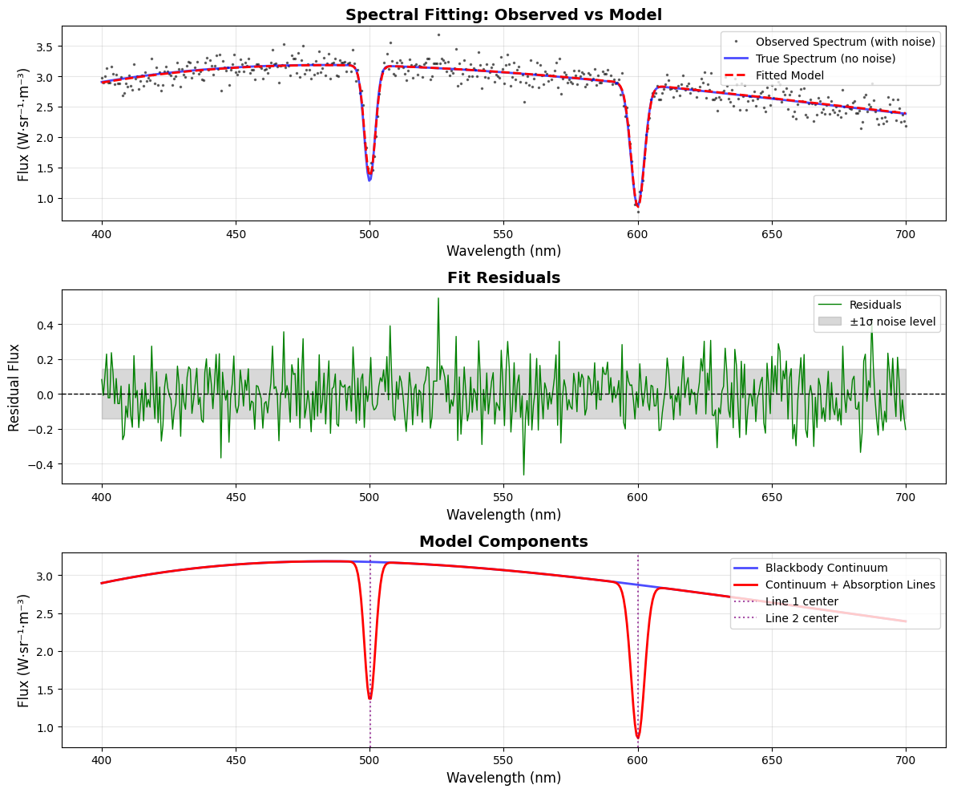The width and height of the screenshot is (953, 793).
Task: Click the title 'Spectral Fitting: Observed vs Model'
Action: (503, 14)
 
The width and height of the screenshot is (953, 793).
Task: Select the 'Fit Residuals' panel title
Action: (503, 278)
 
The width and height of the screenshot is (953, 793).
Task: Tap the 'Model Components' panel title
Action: (503, 541)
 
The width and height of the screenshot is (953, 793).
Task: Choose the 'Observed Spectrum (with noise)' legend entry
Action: (845, 41)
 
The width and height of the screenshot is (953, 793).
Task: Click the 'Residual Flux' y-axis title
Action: (15, 387)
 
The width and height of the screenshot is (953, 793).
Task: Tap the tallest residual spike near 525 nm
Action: (438, 298)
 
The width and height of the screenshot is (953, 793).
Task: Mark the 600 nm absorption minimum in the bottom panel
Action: (638, 738)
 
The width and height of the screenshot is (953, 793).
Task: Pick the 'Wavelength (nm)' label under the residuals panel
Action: (503, 515)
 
